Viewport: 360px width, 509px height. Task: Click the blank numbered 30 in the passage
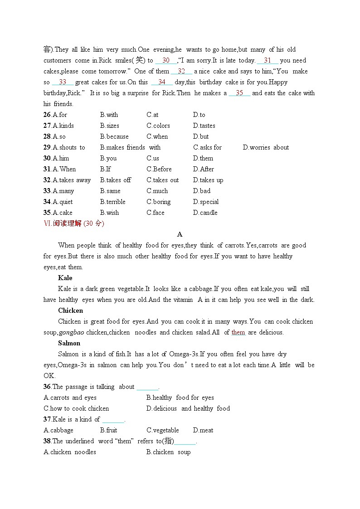pos(165,61)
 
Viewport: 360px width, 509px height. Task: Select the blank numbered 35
pos(239,93)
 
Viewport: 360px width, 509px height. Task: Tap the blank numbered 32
pos(181,72)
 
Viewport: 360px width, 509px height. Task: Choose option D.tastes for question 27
pos(204,126)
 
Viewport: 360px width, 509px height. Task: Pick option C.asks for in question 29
pos(207,147)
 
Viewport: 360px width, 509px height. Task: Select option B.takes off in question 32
pos(115,180)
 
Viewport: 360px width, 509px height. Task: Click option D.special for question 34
pos(205,202)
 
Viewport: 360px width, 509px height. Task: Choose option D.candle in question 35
pos(205,213)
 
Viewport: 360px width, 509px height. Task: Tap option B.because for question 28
pos(114,136)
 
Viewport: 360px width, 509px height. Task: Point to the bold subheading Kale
pos(65,278)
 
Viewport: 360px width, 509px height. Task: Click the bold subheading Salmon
pos(69,343)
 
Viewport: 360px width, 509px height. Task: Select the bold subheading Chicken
pos(70,310)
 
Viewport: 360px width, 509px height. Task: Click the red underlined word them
pos(238,332)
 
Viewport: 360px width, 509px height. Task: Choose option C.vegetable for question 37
pos(162,430)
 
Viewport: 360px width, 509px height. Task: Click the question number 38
pos(47,441)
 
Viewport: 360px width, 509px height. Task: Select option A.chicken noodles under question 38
pos(70,452)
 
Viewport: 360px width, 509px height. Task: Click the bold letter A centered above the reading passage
pos(180,234)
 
